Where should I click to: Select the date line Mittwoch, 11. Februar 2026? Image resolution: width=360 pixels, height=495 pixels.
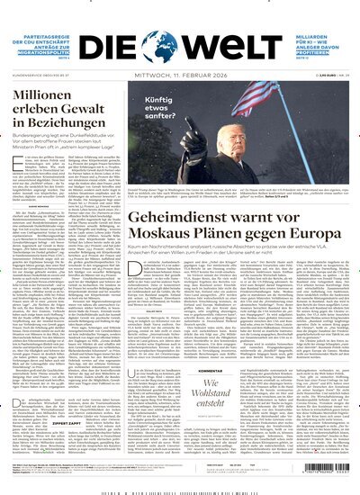(x=180, y=64)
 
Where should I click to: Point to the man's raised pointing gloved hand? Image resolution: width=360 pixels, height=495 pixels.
(x=191, y=144)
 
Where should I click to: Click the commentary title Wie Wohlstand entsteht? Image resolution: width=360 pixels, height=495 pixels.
(x=223, y=396)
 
